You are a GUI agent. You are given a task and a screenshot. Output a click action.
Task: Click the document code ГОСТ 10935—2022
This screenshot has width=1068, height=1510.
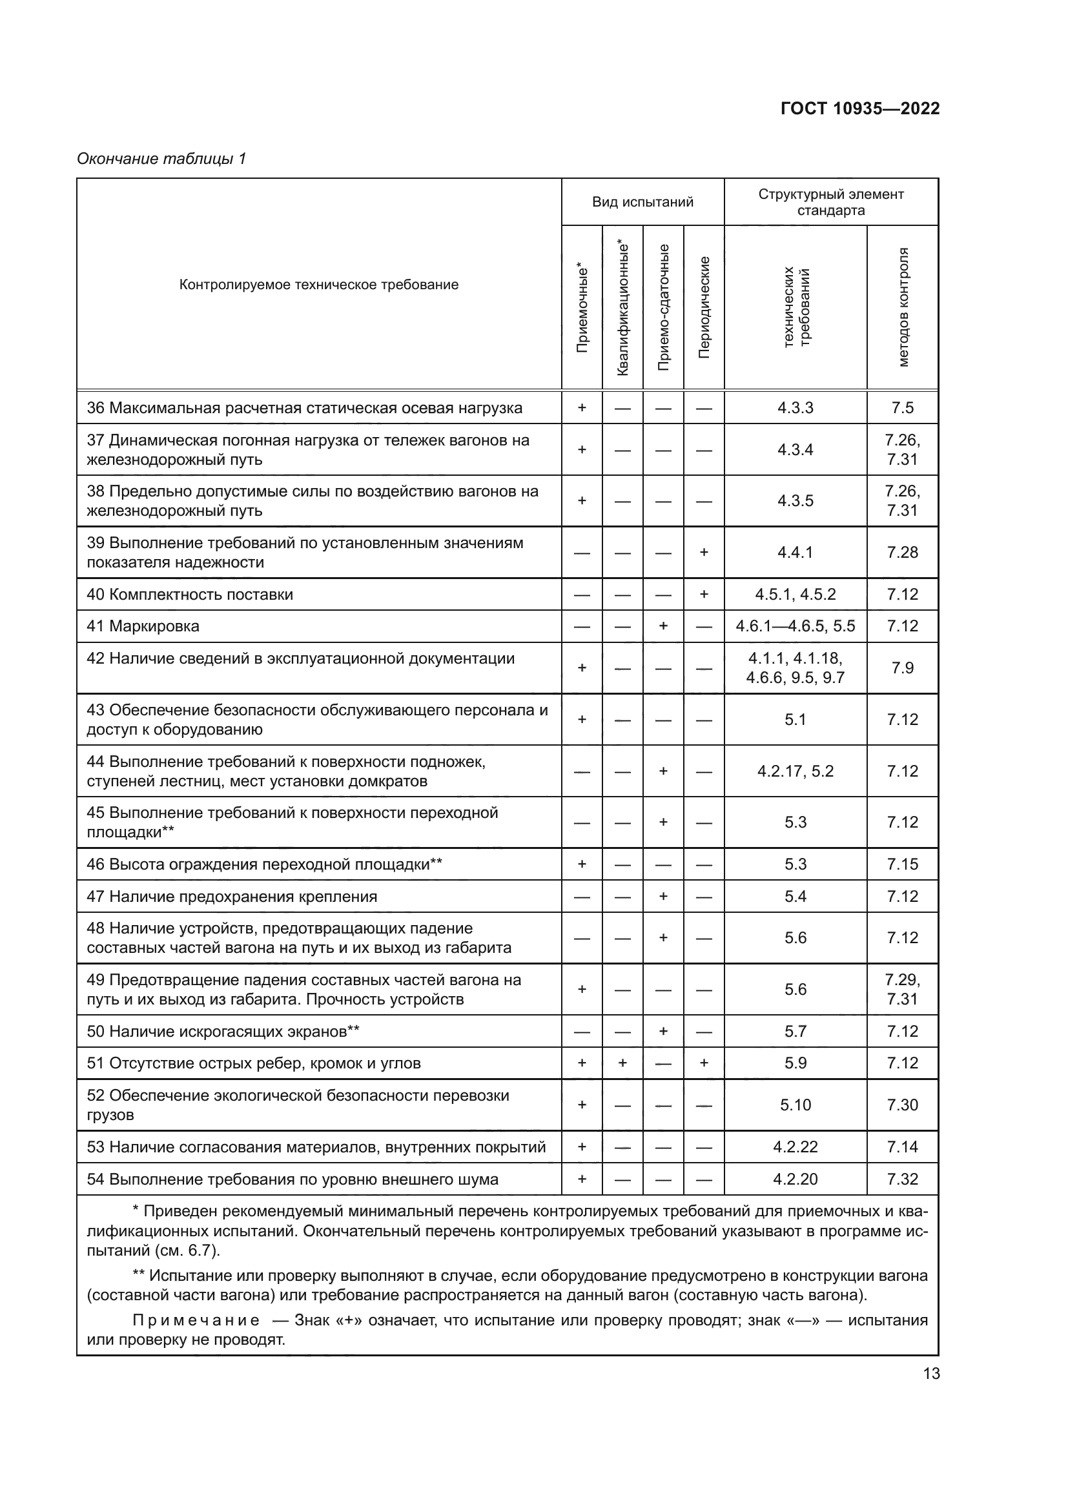[x=859, y=108]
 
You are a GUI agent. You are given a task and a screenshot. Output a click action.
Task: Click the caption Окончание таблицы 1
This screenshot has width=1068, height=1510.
[x=161, y=159]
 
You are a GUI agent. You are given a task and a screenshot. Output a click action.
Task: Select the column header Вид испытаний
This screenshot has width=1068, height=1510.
[x=642, y=202]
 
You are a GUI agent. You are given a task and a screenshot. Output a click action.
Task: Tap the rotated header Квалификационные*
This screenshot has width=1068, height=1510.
[x=622, y=308]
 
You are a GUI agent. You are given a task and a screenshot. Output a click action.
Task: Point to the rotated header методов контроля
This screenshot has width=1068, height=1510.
[x=903, y=308]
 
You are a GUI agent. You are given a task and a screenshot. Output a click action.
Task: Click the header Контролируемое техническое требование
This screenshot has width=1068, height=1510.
[x=319, y=285]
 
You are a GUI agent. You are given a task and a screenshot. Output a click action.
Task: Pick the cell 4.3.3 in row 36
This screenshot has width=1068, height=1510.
[x=795, y=408]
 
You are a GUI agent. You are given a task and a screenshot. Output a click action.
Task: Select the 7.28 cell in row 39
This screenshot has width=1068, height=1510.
[x=902, y=553]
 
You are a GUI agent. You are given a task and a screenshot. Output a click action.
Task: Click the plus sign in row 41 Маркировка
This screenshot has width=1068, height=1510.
[x=663, y=626]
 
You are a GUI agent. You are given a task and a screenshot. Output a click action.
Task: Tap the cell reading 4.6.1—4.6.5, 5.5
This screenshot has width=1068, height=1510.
[x=795, y=626]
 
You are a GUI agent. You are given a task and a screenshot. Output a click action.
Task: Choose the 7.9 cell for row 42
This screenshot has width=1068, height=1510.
[x=902, y=668]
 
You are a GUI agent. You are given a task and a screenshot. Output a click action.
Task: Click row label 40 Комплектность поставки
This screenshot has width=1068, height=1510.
[x=190, y=595]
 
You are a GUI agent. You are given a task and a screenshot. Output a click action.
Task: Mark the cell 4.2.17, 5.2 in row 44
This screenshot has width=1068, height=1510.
[x=795, y=771]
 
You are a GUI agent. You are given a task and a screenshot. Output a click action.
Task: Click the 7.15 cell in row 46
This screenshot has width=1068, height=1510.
[x=902, y=864]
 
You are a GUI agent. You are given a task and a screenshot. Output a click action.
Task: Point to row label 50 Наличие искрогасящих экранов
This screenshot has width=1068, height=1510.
[x=223, y=1031]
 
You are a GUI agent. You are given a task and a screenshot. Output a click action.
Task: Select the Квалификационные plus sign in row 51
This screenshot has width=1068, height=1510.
[x=622, y=1063]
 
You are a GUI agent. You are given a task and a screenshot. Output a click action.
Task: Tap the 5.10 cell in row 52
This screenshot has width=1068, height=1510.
[x=795, y=1105]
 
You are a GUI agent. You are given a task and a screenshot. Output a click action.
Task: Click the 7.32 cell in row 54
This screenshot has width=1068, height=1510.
[x=902, y=1179]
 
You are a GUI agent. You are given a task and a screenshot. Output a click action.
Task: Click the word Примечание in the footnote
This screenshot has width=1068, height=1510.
[x=196, y=1321]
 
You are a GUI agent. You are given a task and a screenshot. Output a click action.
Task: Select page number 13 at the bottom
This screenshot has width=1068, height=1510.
[x=931, y=1374]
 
